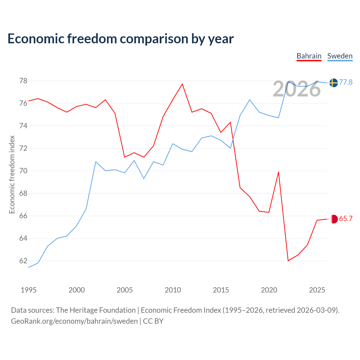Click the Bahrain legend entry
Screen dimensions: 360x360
(x=309, y=56)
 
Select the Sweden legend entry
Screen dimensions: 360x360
(x=340, y=56)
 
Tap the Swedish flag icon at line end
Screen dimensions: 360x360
(x=334, y=83)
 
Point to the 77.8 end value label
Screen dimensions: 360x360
(x=346, y=82)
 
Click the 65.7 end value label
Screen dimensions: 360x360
(x=346, y=219)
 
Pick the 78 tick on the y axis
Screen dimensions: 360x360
(x=23, y=81)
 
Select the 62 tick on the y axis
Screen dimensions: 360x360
(x=23, y=261)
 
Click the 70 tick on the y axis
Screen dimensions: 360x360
(x=23, y=171)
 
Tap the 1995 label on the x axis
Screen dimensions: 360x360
(x=29, y=290)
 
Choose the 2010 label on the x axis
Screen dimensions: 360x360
(x=173, y=290)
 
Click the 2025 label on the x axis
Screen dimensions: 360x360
(x=317, y=290)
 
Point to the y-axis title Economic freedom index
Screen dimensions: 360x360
(x=12, y=174)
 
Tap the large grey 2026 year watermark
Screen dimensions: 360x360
(x=297, y=89)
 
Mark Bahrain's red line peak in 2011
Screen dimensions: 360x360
(x=182, y=84)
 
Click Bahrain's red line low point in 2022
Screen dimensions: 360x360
(x=288, y=261)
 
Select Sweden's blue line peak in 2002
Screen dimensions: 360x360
(x=96, y=162)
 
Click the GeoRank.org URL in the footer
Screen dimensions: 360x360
(x=74, y=321)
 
